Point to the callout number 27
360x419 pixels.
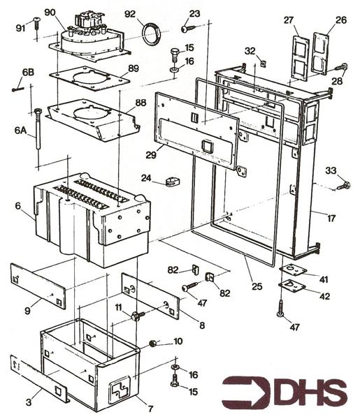pyautogui.click(x=289, y=21)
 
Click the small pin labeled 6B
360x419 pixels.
pyautogui.click(x=17, y=89)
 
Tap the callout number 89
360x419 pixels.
pyautogui.click(x=134, y=68)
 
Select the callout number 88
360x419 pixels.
pyautogui.click(x=141, y=103)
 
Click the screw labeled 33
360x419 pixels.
pyautogui.click(x=343, y=185)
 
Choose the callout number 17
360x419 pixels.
pyautogui.click(x=331, y=219)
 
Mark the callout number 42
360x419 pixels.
pyautogui.click(x=326, y=296)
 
